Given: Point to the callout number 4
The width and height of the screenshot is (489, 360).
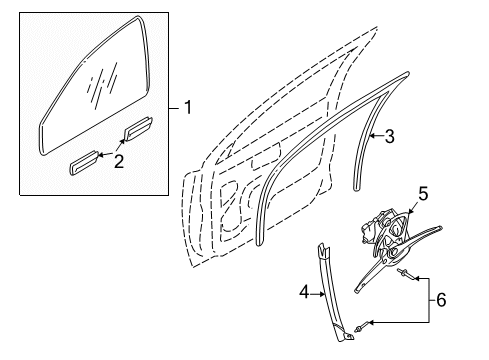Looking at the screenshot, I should (303, 293).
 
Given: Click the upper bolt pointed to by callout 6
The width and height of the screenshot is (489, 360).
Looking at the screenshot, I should (404, 276).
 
